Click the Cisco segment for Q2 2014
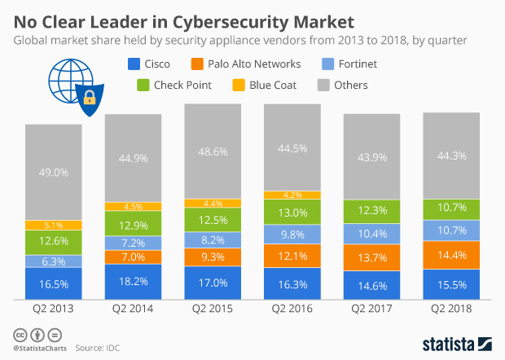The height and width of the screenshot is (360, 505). pyautogui.click(x=133, y=281)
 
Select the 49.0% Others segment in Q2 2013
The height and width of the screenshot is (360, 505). pyautogui.click(x=53, y=172)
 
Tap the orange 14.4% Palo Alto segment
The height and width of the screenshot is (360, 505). pyautogui.click(x=452, y=254)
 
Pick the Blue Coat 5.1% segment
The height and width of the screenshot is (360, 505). pyautogui.click(x=53, y=226)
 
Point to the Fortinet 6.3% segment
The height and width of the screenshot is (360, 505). pyautogui.click(x=53, y=261)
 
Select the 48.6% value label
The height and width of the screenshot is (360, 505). pyautogui.click(x=213, y=151)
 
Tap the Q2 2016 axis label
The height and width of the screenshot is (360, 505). pyautogui.click(x=292, y=310)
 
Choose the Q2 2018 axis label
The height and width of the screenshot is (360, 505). pyautogui.click(x=452, y=310)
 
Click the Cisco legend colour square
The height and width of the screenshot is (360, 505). pyautogui.click(x=134, y=64)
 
